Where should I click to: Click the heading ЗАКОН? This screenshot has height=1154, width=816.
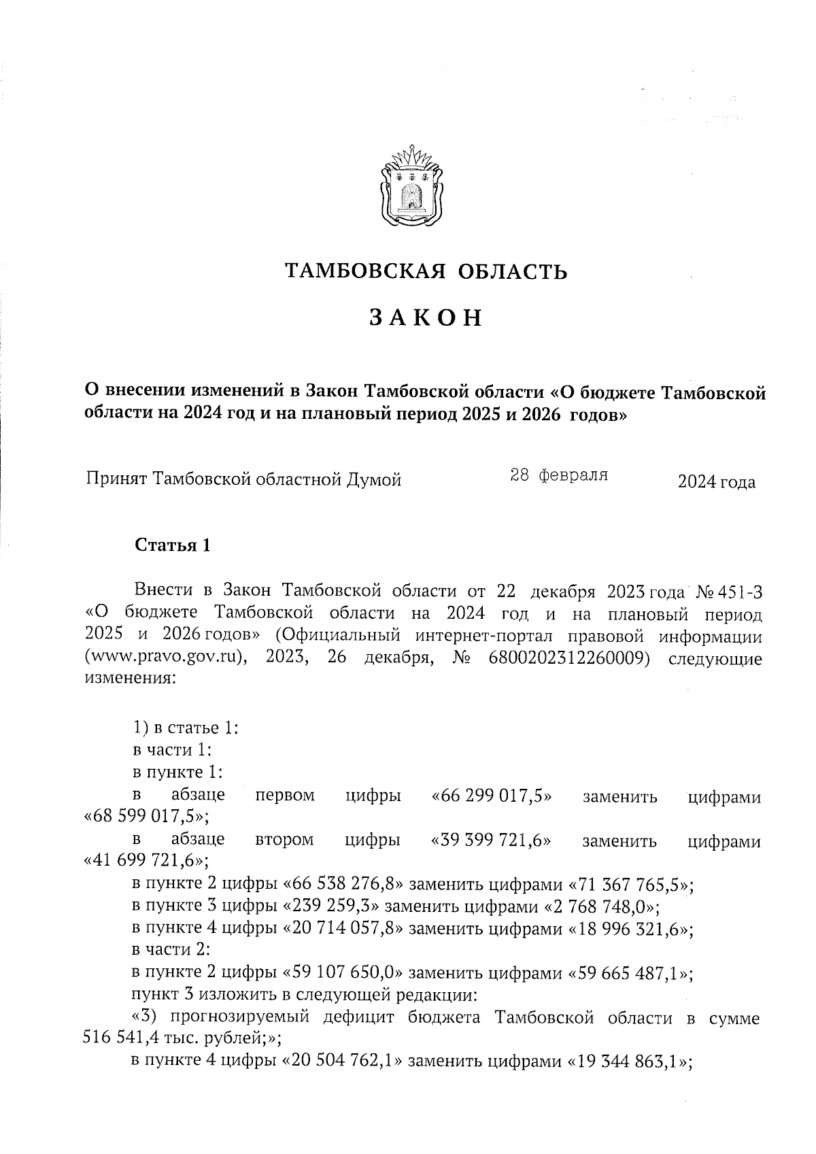pos(426,318)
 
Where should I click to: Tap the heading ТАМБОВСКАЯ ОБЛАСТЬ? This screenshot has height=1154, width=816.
pos(426,271)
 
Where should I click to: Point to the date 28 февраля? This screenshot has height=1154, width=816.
pos(559,475)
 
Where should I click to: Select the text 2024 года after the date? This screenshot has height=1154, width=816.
pos(716,482)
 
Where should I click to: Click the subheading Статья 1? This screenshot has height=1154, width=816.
pos(173,545)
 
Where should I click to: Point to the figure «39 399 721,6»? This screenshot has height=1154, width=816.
pos(491,841)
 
